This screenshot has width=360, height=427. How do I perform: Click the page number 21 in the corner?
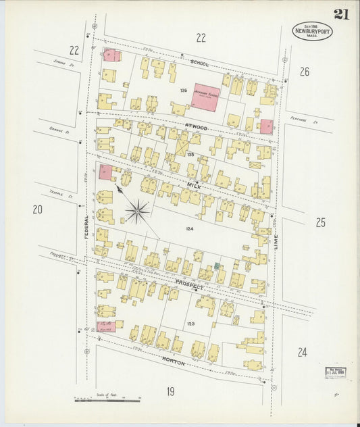coord(341,14)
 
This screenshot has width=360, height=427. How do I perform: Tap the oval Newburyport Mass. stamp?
coord(312,31)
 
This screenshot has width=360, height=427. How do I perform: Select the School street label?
coord(199,63)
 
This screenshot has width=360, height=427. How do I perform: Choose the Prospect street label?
coord(188,286)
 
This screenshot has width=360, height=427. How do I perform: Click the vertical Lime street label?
coord(276,238)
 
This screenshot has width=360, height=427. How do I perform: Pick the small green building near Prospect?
coord(217,266)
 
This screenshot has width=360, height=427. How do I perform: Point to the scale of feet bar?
coord(106,400)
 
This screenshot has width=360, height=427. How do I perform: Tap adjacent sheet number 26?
coord(304,72)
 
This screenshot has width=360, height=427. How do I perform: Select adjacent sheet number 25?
coord(320,222)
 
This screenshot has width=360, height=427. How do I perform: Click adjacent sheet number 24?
coord(302,351)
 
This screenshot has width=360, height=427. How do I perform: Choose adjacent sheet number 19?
coord(170,391)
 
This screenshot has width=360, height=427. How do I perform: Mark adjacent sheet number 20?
coord(37,210)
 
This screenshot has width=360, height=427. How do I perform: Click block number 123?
coord(191,324)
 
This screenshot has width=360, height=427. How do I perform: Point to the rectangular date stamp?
coord(335,372)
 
